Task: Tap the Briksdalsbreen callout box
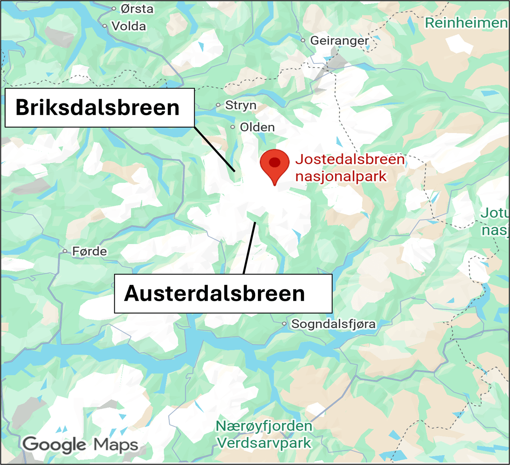(x=99, y=108)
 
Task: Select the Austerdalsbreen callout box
(x=223, y=294)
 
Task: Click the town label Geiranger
(x=340, y=41)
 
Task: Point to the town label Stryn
(x=241, y=105)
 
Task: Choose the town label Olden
(x=257, y=127)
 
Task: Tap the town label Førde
(x=90, y=251)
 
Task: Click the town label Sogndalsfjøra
(x=333, y=324)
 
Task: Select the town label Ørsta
(x=137, y=9)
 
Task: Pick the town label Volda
(x=129, y=26)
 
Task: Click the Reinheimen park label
(x=466, y=23)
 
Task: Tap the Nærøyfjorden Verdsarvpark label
(x=264, y=434)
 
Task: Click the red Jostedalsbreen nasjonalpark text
(x=349, y=168)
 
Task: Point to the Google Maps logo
(x=80, y=445)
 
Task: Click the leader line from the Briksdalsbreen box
(x=214, y=148)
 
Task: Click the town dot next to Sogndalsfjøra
(x=284, y=324)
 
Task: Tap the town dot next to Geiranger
(x=303, y=41)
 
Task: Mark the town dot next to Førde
(x=65, y=251)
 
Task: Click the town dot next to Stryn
(x=218, y=105)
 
